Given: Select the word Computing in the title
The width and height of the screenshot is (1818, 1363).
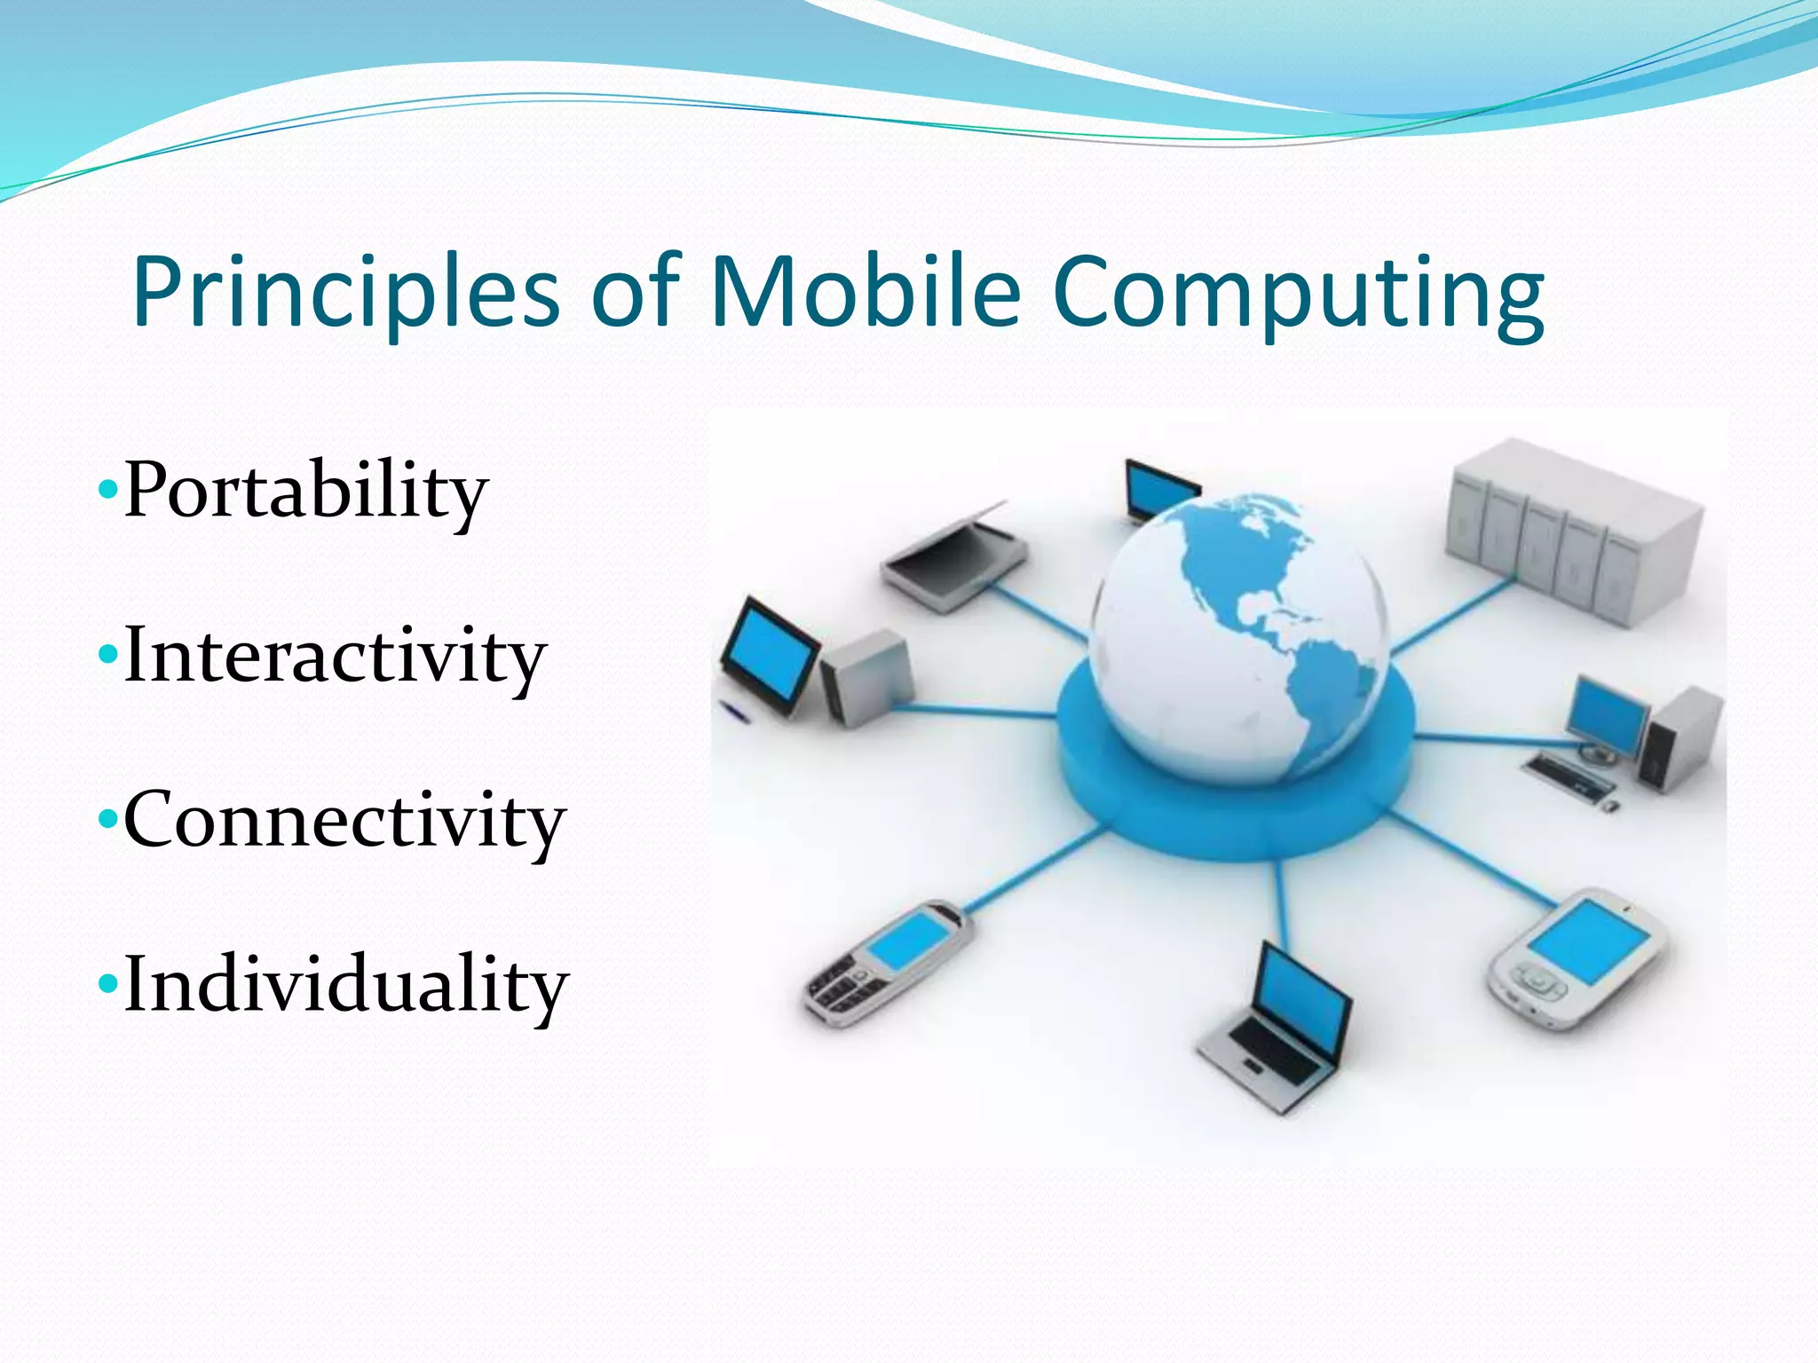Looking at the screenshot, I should [x=1299, y=293].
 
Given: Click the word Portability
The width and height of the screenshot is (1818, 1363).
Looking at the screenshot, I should [x=306, y=491].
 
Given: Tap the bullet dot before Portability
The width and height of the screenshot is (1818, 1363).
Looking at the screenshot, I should [x=107, y=489].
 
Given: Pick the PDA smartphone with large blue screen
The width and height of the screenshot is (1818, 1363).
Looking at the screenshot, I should [x=1576, y=958].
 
